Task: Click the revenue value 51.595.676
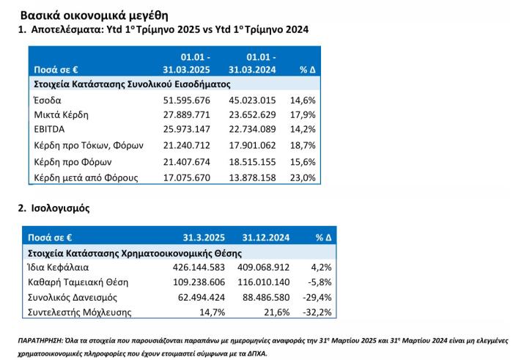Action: click(x=186, y=100)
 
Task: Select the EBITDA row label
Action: click(x=49, y=129)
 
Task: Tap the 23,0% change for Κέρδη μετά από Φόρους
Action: click(x=303, y=177)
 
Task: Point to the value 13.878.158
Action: click(x=252, y=177)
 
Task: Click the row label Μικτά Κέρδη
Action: click(x=61, y=115)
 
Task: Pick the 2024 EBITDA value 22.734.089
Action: click(x=252, y=129)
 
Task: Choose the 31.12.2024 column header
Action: click(x=265, y=238)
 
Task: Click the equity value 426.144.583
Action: click(x=199, y=268)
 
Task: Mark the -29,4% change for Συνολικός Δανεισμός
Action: click(x=317, y=298)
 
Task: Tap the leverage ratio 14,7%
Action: click(x=213, y=312)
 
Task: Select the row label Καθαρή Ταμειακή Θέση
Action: click(x=78, y=282)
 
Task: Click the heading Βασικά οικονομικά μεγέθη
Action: click(x=95, y=15)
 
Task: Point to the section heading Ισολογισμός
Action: click(x=61, y=208)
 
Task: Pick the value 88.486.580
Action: click(x=266, y=298)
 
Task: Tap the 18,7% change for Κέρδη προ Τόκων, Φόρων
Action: click(x=303, y=145)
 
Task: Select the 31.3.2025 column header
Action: click(x=204, y=238)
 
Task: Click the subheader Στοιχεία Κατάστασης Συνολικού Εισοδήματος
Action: click(x=132, y=84)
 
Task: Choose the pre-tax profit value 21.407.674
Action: click(x=186, y=162)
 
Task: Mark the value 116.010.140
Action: click(x=263, y=282)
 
